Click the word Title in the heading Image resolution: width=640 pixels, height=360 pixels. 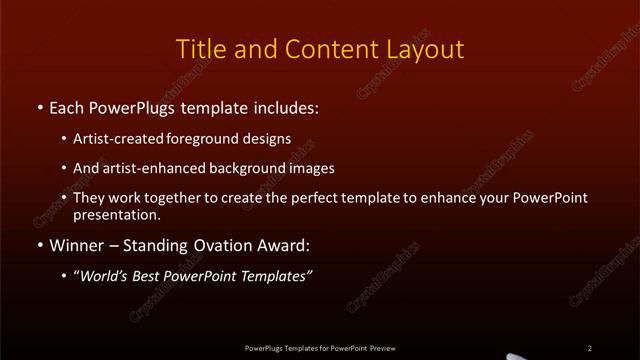200,49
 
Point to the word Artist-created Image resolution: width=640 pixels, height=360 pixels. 113,139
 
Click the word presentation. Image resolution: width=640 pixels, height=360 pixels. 116,214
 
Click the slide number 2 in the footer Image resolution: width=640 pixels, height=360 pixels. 589,348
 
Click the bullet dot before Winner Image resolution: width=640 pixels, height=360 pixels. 40,246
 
